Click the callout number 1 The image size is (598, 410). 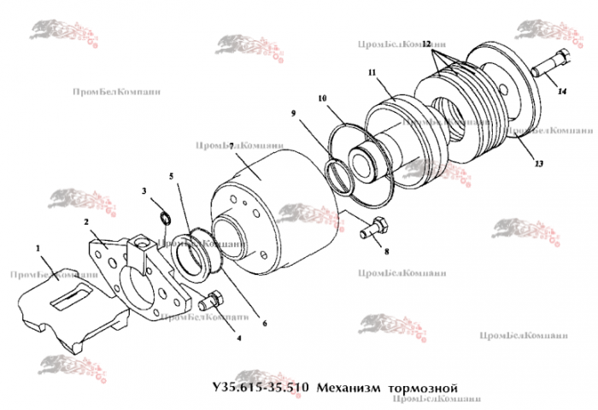[x=38, y=249]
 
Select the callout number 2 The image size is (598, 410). [x=86, y=221]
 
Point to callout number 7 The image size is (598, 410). [x=232, y=146]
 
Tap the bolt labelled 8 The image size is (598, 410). [x=377, y=228]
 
